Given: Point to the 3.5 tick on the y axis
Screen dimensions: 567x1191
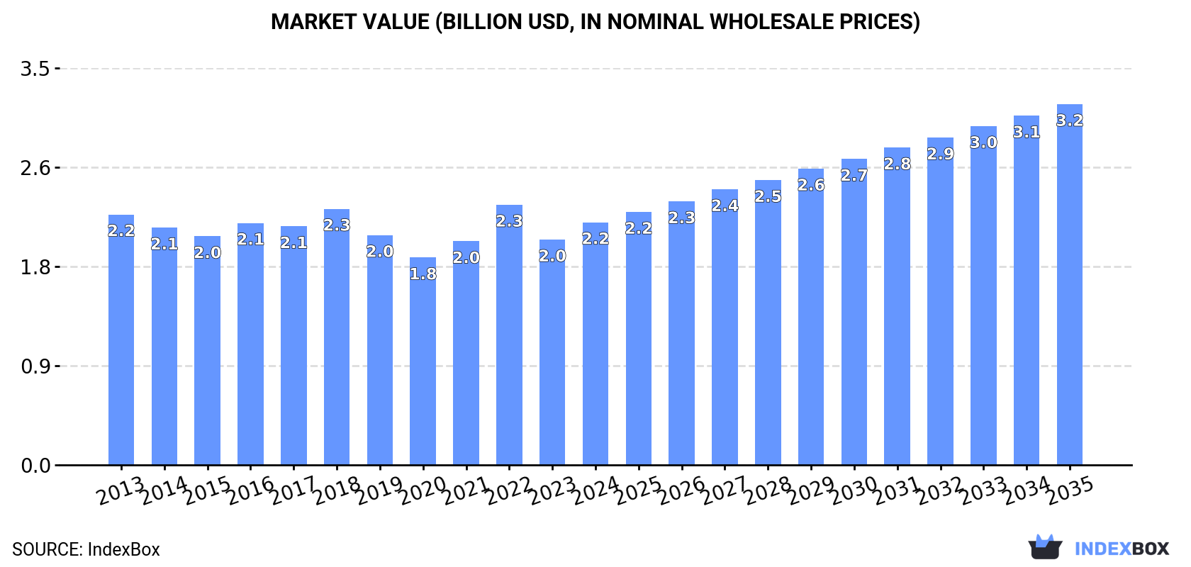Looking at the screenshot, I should [35, 69].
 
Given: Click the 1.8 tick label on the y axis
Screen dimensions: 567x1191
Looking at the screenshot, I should [35, 267].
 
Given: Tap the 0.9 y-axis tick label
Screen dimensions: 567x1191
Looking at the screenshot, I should [35, 366].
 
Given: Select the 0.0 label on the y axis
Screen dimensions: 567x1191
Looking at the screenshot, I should [35, 466].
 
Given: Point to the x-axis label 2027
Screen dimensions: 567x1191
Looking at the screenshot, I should [725, 490].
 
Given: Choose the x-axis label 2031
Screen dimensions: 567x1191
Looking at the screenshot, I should [897, 490].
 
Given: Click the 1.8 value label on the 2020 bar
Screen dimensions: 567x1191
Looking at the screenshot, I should [423, 274].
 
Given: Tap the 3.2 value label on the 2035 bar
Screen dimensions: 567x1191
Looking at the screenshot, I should [1070, 120].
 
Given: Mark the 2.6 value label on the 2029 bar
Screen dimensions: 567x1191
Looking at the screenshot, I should [811, 185].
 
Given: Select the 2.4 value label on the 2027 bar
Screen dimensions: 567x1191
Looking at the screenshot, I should [725, 206].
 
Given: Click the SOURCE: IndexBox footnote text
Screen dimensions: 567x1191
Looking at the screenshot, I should [86, 549].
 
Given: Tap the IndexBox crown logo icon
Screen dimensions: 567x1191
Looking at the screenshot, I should [1045, 547].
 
